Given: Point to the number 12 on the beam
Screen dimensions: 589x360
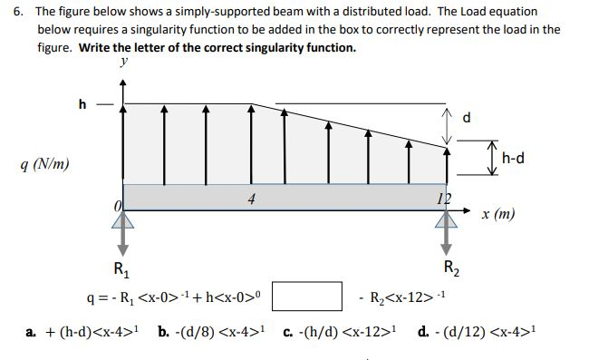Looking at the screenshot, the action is click(442, 199).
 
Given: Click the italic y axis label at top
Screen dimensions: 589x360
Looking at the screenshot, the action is click(123, 63).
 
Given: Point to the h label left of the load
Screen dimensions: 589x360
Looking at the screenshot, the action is click(84, 103).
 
